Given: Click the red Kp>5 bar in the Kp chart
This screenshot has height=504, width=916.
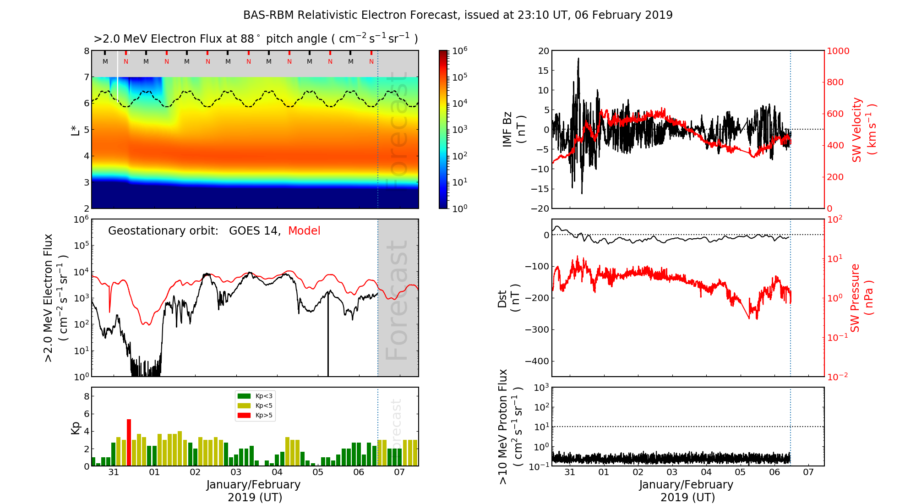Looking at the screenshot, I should (x=129, y=442).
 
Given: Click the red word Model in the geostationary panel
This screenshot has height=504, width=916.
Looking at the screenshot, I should (x=304, y=231).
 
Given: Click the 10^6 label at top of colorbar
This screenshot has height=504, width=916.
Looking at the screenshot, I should (x=459, y=51).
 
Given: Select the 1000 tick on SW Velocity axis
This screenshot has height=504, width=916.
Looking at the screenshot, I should (x=838, y=51).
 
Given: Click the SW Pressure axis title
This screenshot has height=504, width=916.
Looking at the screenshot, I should (x=861, y=298).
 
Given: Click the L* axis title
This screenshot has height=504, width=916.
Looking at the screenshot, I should (x=76, y=130).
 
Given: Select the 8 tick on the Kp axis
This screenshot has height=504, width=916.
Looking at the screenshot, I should (x=86, y=397).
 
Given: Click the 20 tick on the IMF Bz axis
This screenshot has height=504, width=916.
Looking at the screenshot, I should (x=543, y=51).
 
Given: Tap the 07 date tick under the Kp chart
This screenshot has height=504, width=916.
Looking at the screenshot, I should (x=399, y=472).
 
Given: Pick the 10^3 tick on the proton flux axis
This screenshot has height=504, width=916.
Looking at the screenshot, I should (x=542, y=388).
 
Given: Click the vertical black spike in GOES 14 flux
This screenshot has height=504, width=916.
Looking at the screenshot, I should (x=328, y=334).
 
